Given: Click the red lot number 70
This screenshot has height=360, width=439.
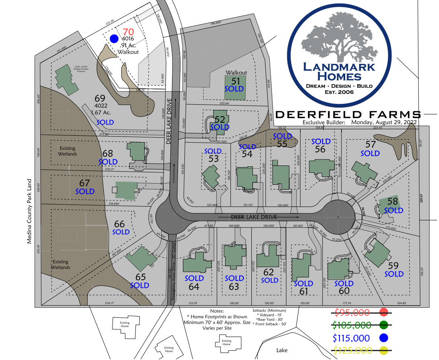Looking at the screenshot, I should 128,32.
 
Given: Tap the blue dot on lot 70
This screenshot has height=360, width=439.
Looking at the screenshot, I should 114,39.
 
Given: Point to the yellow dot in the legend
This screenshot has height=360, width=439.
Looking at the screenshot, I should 383,350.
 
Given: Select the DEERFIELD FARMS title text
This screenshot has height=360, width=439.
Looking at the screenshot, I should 348,114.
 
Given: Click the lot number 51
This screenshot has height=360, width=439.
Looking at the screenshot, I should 236,81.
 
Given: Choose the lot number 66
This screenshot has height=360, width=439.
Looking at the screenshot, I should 120,224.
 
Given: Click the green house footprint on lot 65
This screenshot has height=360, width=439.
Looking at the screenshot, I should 141,257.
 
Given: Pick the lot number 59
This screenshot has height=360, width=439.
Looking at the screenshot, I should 393,266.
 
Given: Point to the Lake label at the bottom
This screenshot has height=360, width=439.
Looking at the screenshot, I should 282,350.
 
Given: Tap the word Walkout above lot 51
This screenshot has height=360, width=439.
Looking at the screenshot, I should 236,72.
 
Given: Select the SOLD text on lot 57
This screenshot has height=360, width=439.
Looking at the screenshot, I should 370,153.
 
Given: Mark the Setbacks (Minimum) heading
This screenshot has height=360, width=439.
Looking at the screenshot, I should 269,310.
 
